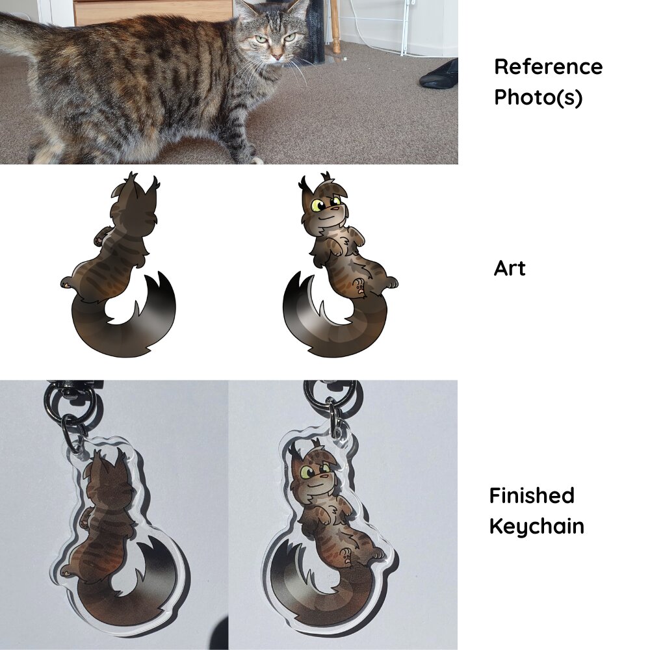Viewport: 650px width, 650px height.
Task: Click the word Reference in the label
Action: pyautogui.click(x=548, y=67)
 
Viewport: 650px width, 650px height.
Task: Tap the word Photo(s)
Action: pyautogui.click(x=538, y=97)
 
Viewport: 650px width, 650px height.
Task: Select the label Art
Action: pyautogui.click(x=510, y=268)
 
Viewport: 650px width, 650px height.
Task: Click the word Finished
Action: pyautogui.click(x=532, y=496)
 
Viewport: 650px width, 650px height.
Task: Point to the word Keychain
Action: pyautogui.click(x=536, y=526)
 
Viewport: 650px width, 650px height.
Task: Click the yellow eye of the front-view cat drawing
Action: pyautogui.click(x=318, y=206)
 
